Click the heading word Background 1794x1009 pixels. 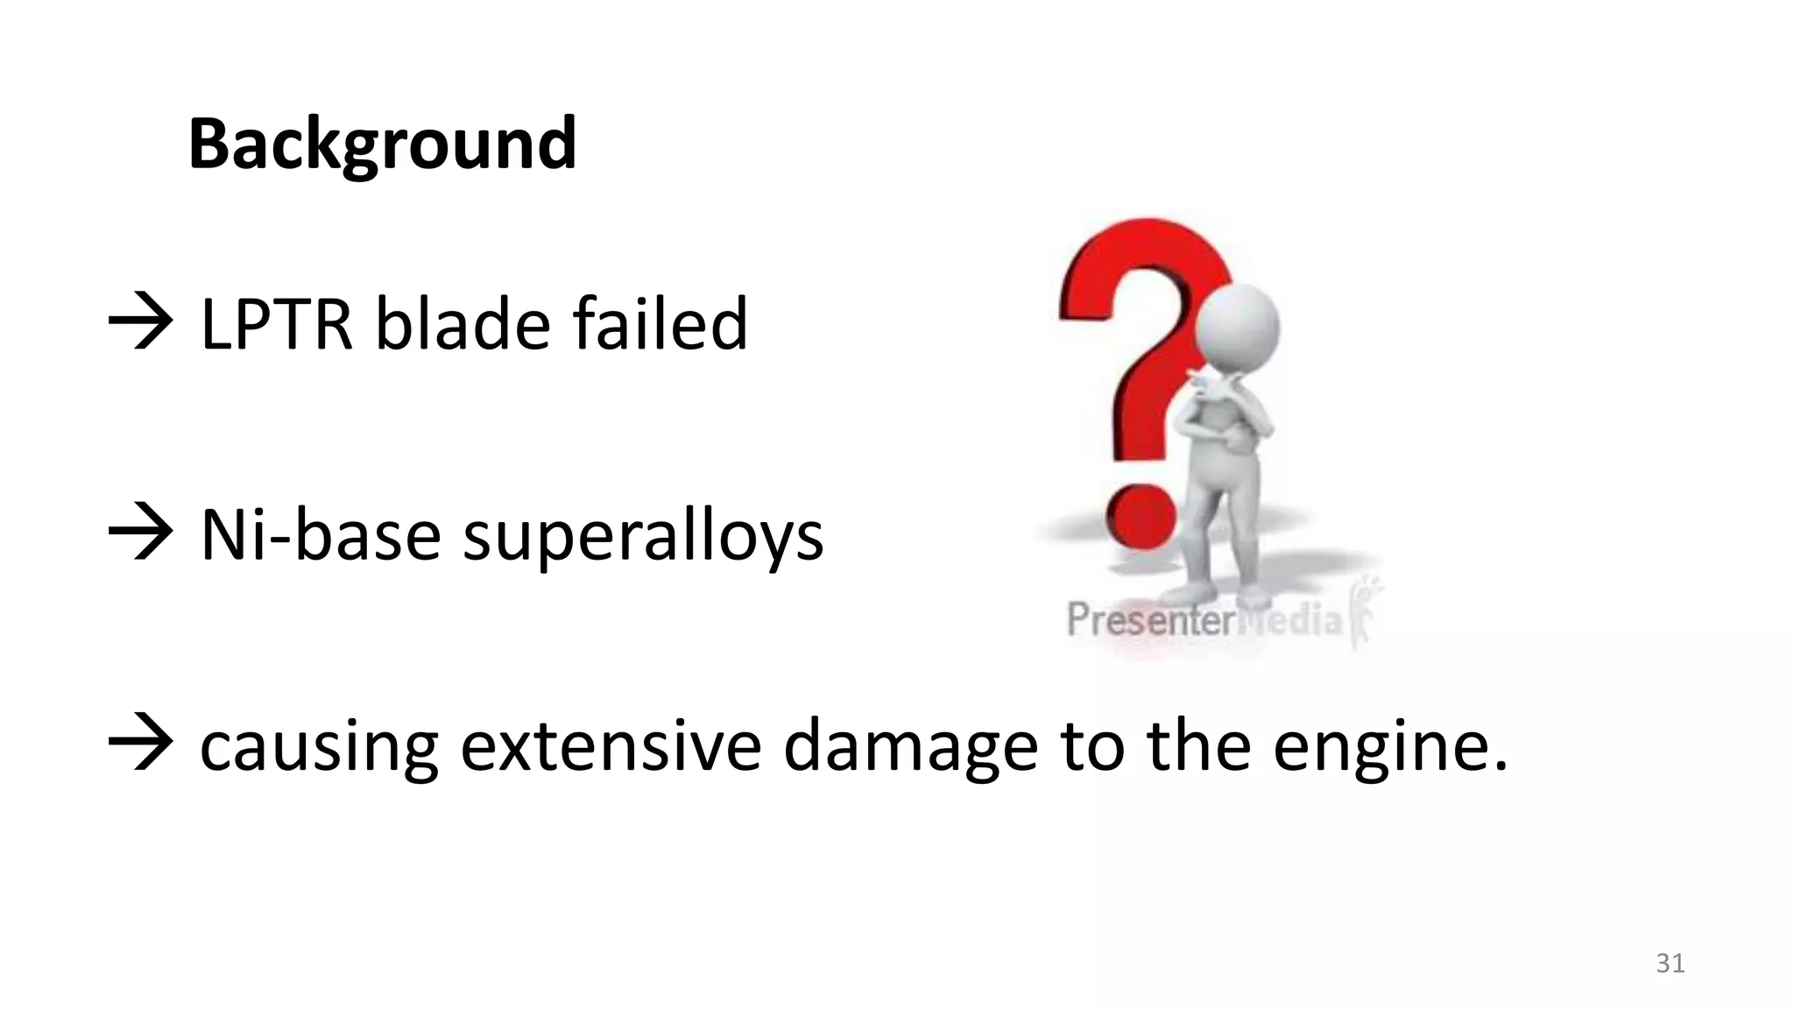click(382, 145)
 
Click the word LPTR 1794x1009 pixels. click(276, 324)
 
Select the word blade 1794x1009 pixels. click(463, 324)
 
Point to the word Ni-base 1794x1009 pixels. click(321, 535)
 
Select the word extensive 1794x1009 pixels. click(611, 745)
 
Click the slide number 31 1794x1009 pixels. click(1670, 963)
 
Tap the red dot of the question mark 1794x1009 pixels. click(1141, 519)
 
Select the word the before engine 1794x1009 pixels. click(1198, 745)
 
